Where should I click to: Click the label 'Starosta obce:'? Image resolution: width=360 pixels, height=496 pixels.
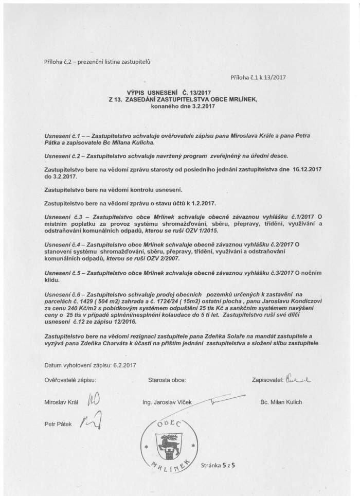[167, 381]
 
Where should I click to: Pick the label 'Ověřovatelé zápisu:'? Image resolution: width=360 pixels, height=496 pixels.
[70, 381]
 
